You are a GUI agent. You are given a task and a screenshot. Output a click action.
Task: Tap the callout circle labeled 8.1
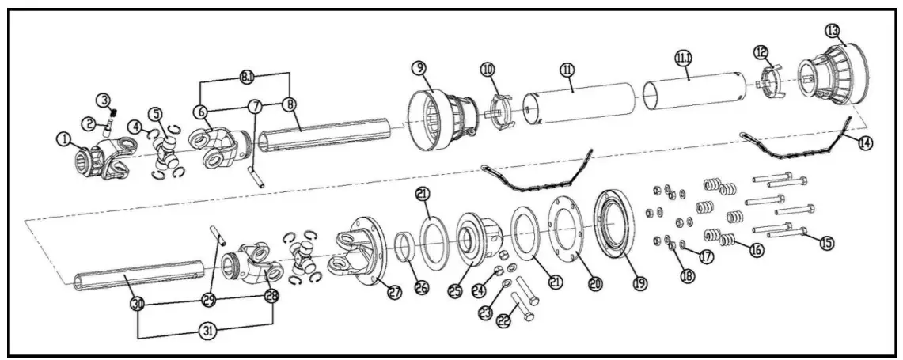click(246, 77)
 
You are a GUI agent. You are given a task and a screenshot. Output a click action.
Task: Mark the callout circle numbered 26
click(421, 289)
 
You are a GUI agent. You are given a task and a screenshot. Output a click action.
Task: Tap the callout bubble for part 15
click(826, 243)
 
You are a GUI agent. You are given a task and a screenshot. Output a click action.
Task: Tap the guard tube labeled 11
click(582, 107)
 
